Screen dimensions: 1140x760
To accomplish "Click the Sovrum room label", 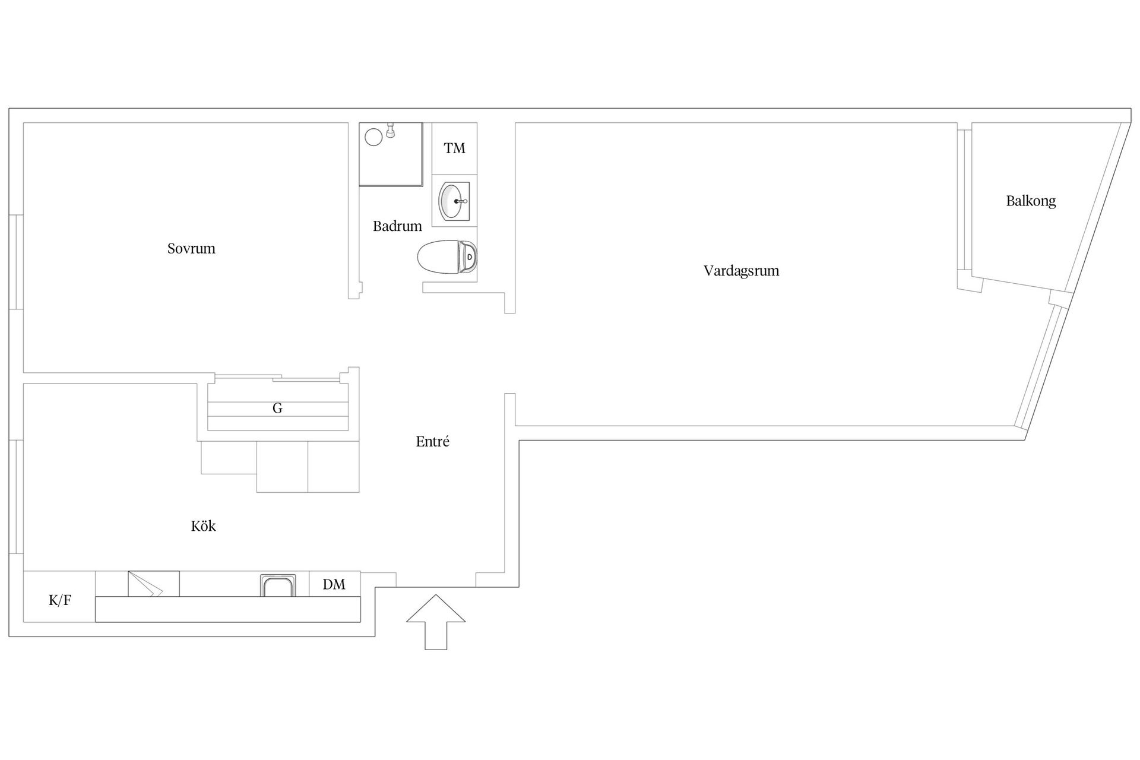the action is pos(191,248).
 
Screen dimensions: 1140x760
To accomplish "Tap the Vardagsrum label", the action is pos(741,271).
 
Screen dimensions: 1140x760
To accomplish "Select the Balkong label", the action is pos(1031,201).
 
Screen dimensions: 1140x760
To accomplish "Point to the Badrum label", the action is pos(397,226).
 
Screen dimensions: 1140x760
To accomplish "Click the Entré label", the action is pos(432,441).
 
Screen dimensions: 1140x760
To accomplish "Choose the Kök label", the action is pos(203,525).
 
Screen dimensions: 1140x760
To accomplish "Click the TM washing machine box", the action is pos(454,148).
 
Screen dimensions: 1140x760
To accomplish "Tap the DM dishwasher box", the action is pos(334,584).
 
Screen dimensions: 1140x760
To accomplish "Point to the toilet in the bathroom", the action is pos(447,257).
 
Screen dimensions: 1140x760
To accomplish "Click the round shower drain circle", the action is pos(373,137).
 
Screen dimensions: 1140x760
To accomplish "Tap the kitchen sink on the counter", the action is pos(277,585).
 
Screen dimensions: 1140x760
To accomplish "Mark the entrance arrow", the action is pos(436,622).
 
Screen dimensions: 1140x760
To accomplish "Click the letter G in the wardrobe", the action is pos(277,408).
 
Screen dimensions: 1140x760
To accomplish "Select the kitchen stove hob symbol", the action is pos(154,584).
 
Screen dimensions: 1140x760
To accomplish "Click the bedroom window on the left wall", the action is pos(16,262).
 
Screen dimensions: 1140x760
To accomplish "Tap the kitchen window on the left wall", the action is pos(16,497).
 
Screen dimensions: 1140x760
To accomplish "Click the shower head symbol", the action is pos(390,129).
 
